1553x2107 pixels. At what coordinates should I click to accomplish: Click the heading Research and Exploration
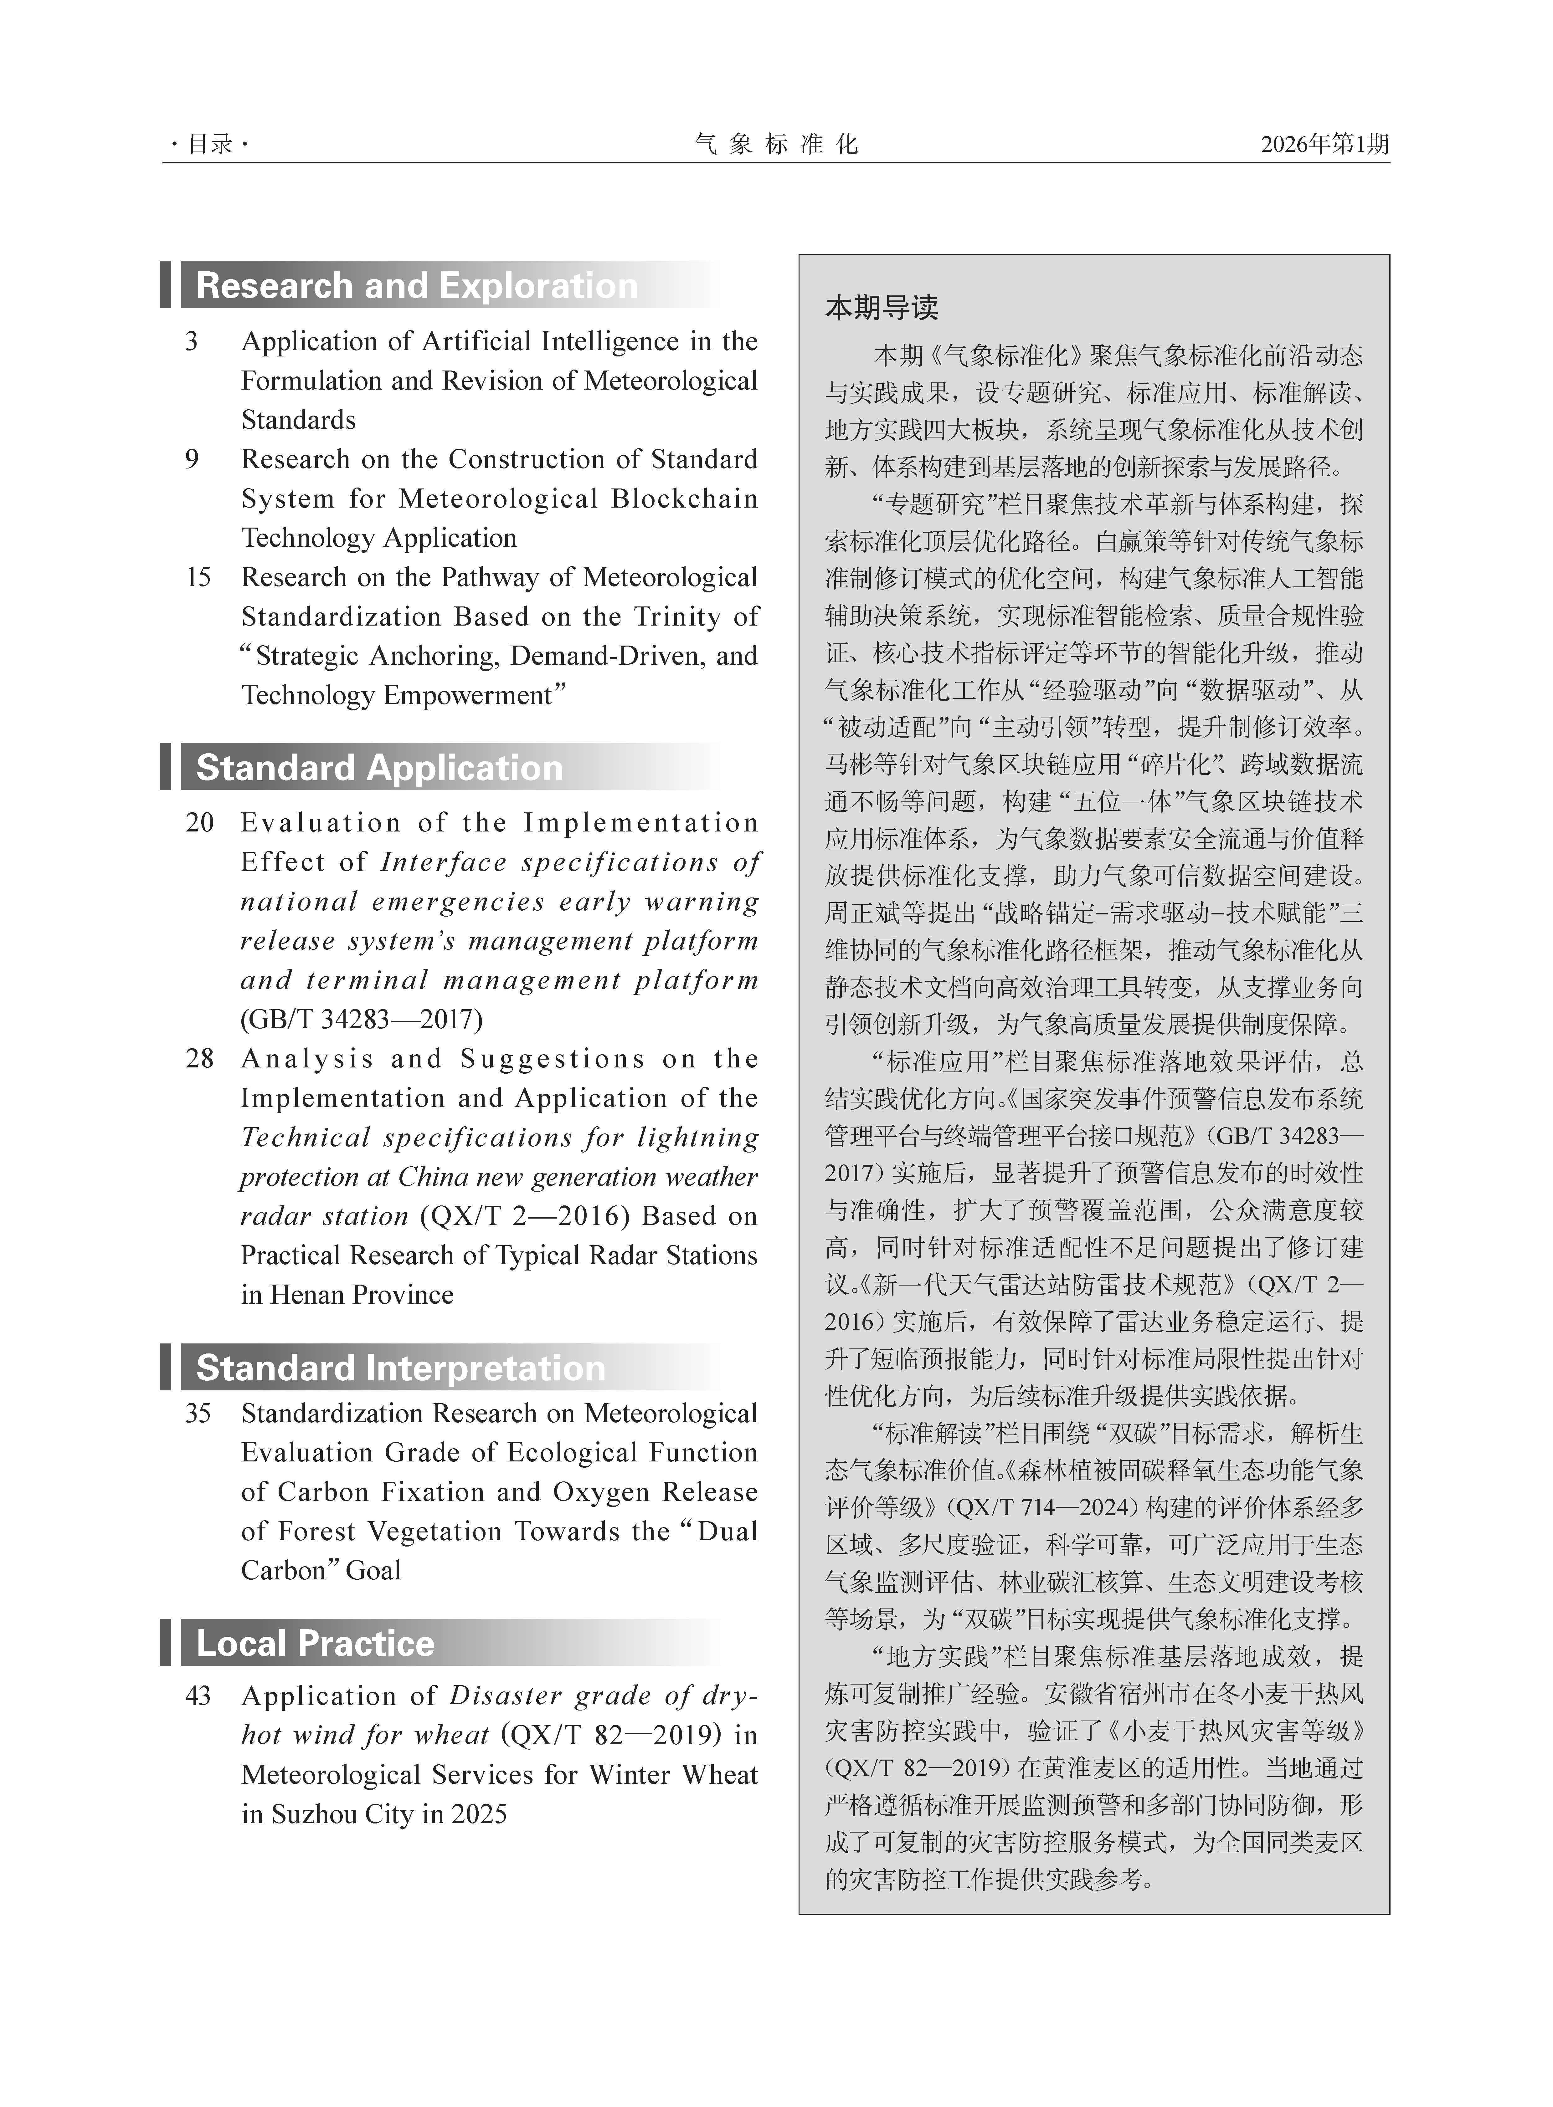click(x=416, y=286)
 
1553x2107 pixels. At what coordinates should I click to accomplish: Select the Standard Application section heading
click(x=379, y=768)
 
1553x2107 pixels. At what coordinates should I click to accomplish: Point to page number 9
click(x=192, y=460)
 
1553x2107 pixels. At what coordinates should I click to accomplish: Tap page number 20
click(x=199, y=823)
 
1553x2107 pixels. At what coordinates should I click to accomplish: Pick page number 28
click(x=199, y=1059)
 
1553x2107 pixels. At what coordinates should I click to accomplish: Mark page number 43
click(x=198, y=1696)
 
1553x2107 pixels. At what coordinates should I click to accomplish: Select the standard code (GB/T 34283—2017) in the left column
click(x=362, y=1020)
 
